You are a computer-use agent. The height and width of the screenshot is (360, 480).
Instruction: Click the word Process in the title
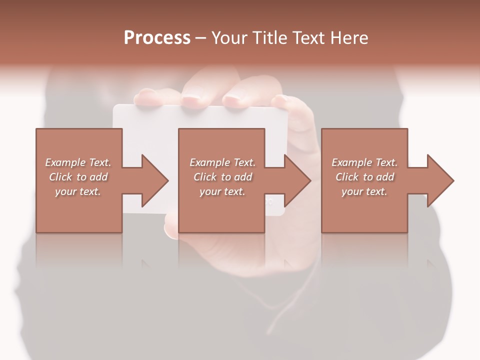pyautogui.click(x=157, y=37)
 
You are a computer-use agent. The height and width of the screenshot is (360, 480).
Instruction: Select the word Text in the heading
pyautogui.click(x=308, y=37)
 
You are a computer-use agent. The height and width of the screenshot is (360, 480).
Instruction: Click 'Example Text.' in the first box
pyautogui.click(x=78, y=162)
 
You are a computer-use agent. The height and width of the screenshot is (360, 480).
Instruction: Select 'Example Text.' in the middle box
pyautogui.click(x=222, y=162)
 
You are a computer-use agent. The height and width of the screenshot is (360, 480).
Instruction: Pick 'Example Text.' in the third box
pyautogui.click(x=364, y=162)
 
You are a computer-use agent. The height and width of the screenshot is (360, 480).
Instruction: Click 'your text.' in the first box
pyautogui.click(x=78, y=191)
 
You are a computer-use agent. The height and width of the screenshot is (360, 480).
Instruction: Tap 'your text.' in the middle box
pyautogui.click(x=222, y=191)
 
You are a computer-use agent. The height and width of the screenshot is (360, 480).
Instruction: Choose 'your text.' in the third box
pyautogui.click(x=364, y=191)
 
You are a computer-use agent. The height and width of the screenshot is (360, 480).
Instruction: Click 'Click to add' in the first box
pyautogui.click(x=78, y=177)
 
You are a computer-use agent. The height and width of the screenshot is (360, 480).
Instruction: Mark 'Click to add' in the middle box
pyautogui.click(x=222, y=177)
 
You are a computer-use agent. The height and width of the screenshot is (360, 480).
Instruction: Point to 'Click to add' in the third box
pyautogui.click(x=364, y=177)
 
